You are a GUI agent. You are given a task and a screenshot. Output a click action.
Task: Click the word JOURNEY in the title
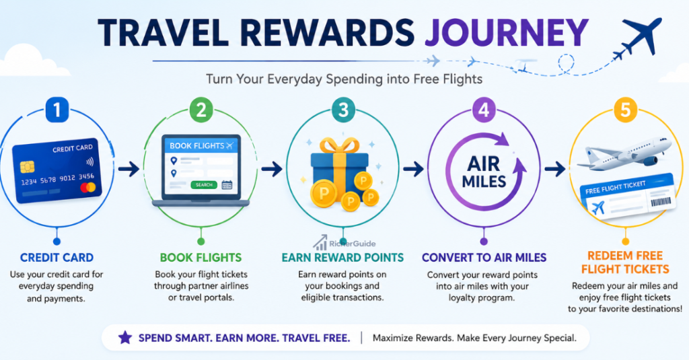click(x=506, y=32)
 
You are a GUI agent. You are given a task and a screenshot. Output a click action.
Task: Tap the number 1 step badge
click(x=57, y=110)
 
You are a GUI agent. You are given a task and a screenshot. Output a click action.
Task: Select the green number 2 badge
click(x=201, y=110)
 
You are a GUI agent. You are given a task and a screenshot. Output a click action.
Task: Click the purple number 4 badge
click(x=484, y=110)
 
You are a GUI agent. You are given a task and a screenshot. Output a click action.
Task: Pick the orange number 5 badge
click(x=625, y=110)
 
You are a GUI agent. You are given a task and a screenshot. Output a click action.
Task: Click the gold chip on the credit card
click(x=27, y=167)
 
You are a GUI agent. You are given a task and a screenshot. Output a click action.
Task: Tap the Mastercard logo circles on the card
click(x=88, y=188)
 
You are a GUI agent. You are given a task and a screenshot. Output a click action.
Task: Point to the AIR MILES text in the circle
click(x=484, y=172)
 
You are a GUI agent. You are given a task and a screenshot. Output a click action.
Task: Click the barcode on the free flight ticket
click(x=661, y=202)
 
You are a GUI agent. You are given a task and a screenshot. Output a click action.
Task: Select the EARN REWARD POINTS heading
click(x=342, y=258)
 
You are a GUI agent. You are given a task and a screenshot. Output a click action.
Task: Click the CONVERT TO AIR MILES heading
click(x=484, y=258)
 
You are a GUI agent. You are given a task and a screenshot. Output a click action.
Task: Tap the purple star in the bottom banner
click(x=125, y=338)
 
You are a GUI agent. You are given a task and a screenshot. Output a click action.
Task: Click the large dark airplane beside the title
click(x=642, y=36)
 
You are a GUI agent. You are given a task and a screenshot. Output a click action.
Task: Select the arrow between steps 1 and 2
click(x=129, y=169)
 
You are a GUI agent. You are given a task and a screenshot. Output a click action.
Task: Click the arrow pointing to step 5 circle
click(x=555, y=169)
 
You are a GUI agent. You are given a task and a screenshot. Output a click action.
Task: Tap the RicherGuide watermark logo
click(x=344, y=243)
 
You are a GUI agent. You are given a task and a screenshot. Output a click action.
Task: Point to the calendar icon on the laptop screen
click(x=227, y=185)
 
